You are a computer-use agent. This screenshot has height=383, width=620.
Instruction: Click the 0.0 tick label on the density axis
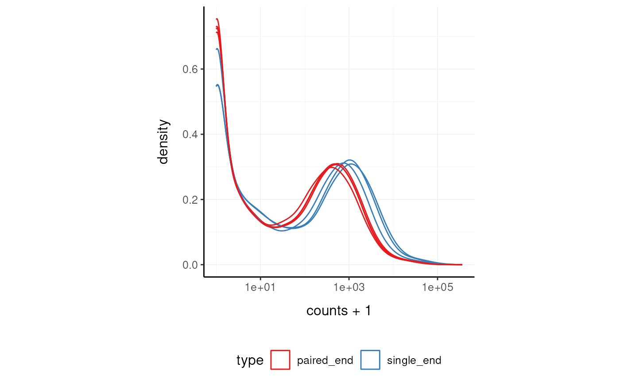click(x=190, y=265)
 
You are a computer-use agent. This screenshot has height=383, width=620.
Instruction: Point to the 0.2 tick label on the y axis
click(x=190, y=200)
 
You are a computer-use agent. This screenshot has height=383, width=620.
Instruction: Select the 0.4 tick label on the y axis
click(x=190, y=134)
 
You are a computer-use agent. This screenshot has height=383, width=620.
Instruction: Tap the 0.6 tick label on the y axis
click(x=190, y=69)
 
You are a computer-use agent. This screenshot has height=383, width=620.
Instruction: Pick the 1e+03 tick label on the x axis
click(x=349, y=288)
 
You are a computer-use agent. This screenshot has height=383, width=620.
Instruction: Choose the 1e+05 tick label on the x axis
click(x=438, y=288)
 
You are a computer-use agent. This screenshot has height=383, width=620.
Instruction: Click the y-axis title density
click(x=163, y=142)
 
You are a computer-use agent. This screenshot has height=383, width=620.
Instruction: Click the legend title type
click(x=250, y=360)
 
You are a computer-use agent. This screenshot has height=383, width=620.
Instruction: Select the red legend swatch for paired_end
click(x=280, y=360)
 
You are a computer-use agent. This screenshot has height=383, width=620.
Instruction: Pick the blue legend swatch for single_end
click(x=370, y=360)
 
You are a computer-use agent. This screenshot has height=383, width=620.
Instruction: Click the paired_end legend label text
click(x=325, y=360)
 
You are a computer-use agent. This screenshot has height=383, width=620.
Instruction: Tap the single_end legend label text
click(x=414, y=360)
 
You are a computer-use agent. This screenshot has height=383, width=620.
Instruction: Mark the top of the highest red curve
click(x=217, y=19)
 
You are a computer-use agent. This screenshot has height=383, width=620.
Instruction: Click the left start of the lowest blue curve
click(x=217, y=85)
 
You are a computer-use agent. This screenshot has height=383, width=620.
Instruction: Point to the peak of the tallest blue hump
click(x=350, y=160)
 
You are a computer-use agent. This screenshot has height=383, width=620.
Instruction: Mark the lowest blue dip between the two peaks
click(x=282, y=231)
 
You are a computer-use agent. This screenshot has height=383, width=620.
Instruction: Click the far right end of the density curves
click(x=461, y=264)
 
